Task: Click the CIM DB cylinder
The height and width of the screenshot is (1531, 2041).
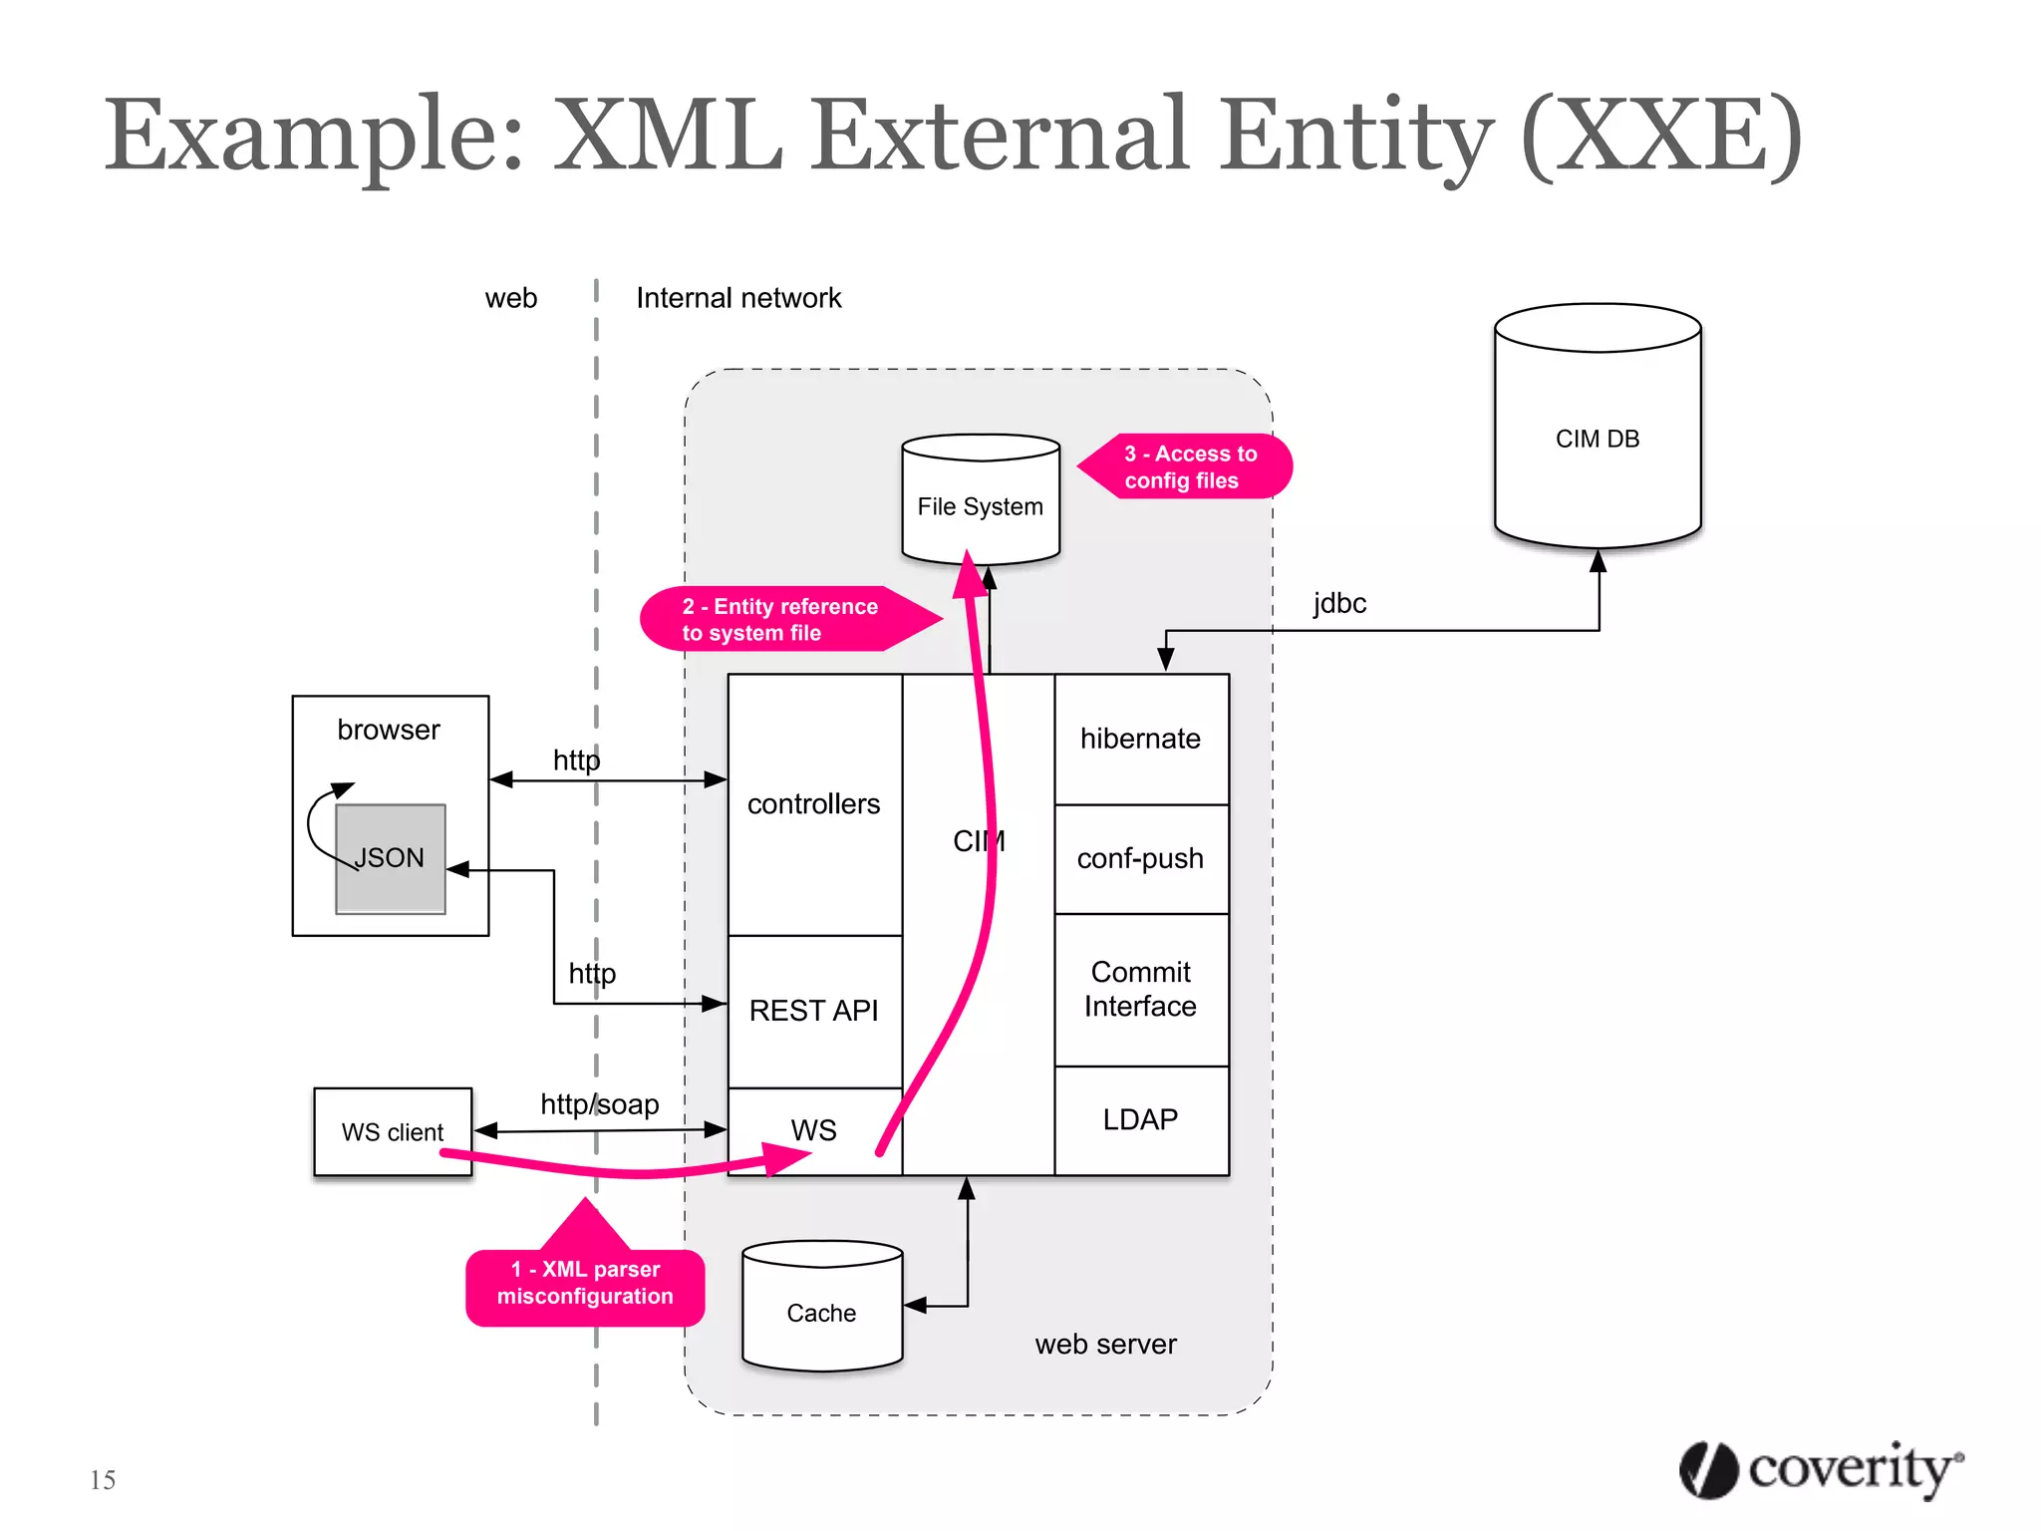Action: click(1597, 439)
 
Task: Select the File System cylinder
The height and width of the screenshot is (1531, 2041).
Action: click(980, 506)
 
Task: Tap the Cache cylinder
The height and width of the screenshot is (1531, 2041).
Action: click(821, 1313)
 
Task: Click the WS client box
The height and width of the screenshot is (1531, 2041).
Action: click(393, 1132)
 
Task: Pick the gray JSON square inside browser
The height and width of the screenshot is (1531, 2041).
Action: click(391, 858)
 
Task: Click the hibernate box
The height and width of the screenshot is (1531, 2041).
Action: click(1141, 739)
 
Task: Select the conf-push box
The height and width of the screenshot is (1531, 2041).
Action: click(1141, 858)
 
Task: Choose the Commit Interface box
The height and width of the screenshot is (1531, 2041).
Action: click(1141, 989)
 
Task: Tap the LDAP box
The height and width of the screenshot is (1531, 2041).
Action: click(1141, 1119)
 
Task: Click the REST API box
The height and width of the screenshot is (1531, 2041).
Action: click(814, 1011)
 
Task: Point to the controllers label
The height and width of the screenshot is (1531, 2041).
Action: click(814, 804)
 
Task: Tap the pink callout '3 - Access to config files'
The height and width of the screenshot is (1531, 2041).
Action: click(1190, 466)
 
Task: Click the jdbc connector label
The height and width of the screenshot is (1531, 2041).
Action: click(1339, 603)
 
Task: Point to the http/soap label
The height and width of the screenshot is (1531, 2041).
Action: click(600, 1104)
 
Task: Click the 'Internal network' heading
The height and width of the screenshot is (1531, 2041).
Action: click(738, 298)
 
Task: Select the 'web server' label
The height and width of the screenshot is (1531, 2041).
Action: click(1105, 1345)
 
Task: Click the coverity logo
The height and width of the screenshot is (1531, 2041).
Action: click(1821, 1469)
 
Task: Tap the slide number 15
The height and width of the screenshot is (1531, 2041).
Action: click(103, 1480)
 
